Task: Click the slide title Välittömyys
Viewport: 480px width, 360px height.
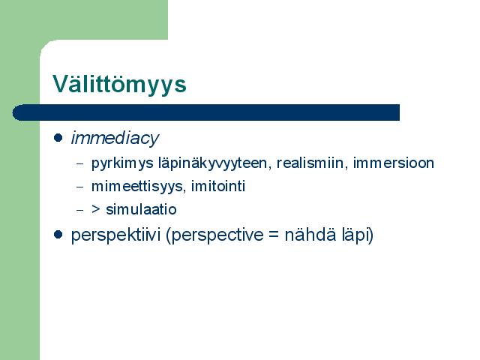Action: pyautogui.click(x=119, y=84)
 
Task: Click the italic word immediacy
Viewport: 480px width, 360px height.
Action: pyautogui.click(x=115, y=138)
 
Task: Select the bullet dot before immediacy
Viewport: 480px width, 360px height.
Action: pyautogui.click(x=58, y=137)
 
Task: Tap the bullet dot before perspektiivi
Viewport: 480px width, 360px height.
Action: pyautogui.click(x=58, y=235)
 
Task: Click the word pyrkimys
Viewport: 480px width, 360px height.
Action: pyautogui.click(x=122, y=163)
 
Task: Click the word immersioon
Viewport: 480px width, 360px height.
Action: pyautogui.click(x=393, y=163)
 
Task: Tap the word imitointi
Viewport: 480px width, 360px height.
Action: pyautogui.click(x=218, y=186)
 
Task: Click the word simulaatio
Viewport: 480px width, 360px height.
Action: pyautogui.click(x=141, y=210)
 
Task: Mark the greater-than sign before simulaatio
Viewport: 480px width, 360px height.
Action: pyautogui.click(x=96, y=209)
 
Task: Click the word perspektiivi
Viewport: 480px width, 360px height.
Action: pyautogui.click(x=115, y=235)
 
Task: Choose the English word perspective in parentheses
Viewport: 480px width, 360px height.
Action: pyautogui.click(x=214, y=235)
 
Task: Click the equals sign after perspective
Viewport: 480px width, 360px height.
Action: pyautogui.click(x=274, y=235)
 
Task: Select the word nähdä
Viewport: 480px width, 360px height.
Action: pyautogui.click(x=308, y=235)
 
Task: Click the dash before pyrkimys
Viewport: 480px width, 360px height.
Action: pyautogui.click(x=79, y=163)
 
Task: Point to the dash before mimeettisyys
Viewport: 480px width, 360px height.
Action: pyautogui.click(x=79, y=187)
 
